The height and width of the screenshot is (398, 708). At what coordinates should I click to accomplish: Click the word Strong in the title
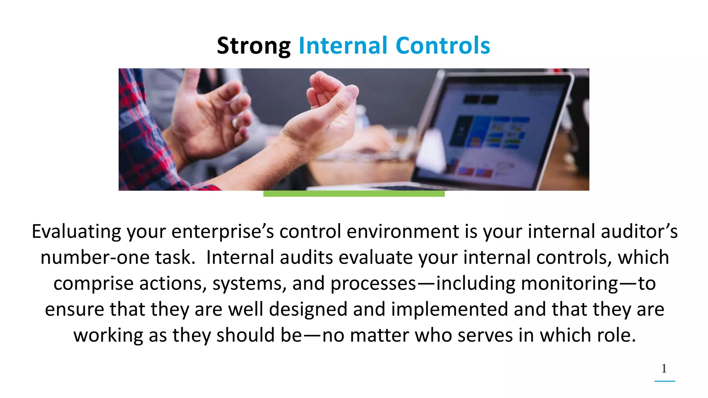[253, 46]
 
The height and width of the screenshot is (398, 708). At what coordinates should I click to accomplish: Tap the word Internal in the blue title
[343, 46]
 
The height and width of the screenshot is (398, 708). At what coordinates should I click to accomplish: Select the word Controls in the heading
[443, 46]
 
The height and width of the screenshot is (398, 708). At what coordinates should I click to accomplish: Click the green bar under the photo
[354, 194]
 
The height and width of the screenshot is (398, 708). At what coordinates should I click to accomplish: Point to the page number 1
[664, 369]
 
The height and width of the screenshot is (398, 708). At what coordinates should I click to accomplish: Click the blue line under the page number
[664, 381]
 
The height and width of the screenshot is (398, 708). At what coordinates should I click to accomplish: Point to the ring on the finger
[235, 123]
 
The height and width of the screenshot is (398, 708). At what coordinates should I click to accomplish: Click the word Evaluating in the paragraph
[76, 232]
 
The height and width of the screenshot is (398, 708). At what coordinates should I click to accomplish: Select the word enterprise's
[223, 232]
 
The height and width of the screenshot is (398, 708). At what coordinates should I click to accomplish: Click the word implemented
[449, 310]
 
